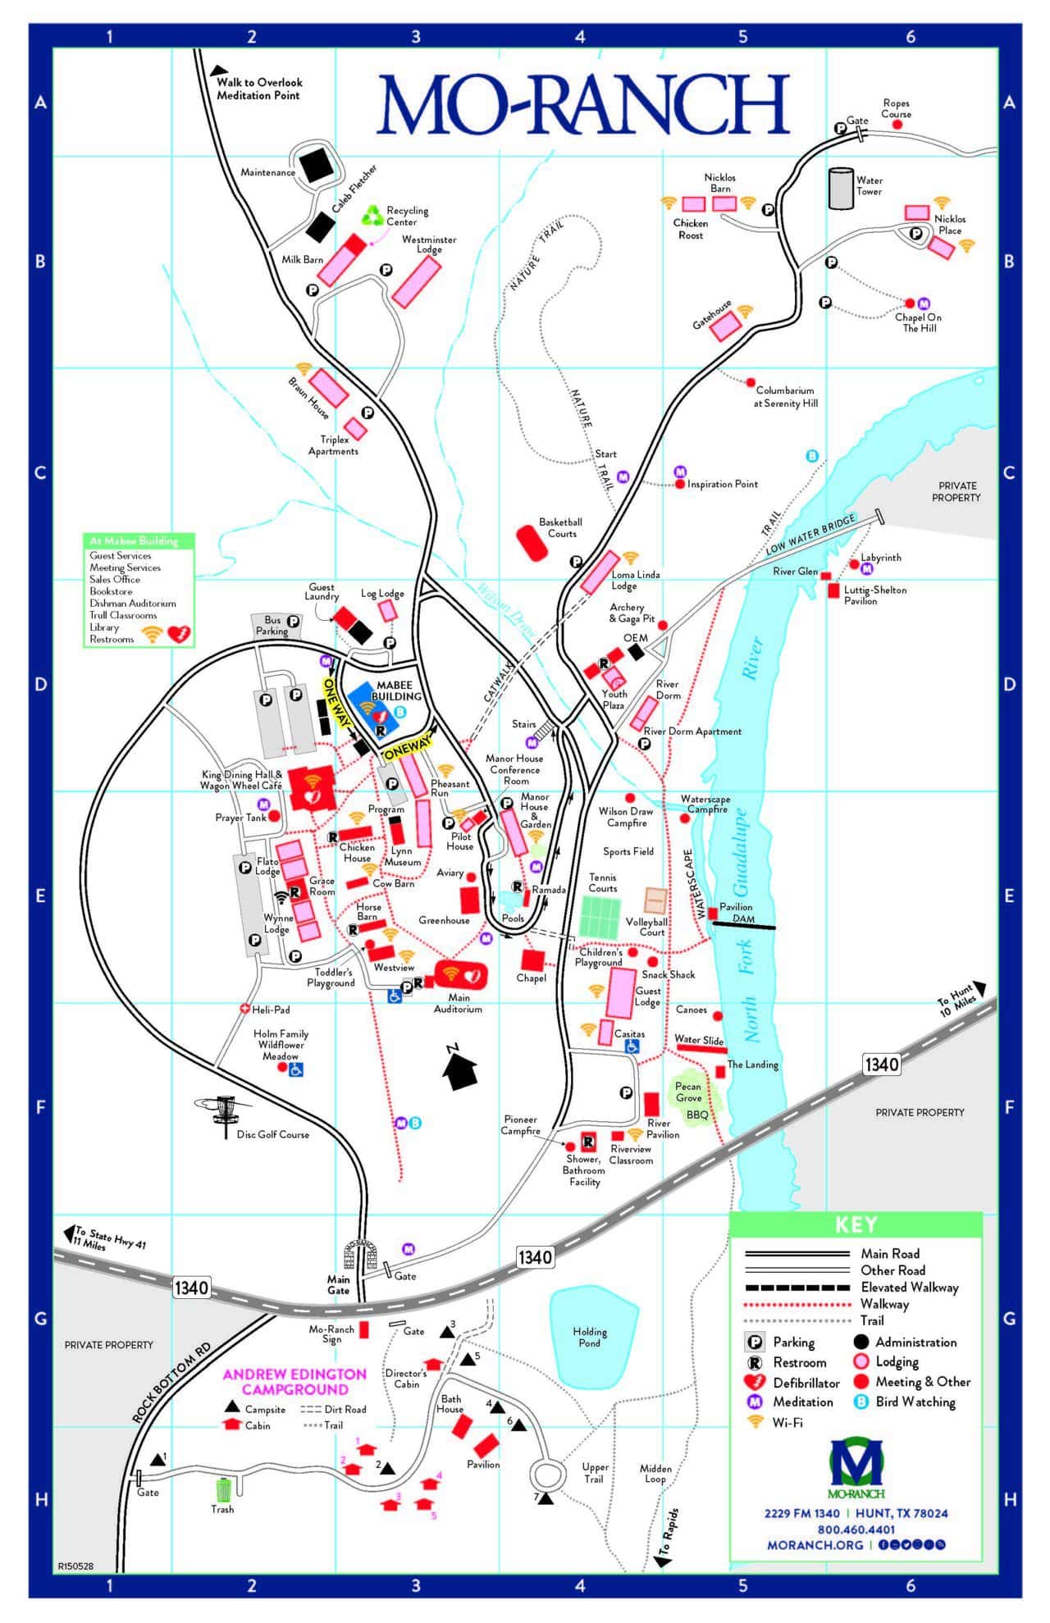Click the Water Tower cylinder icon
pyautogui.click(x=841, y=189)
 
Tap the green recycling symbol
pyautogui.click(x=374, y=217)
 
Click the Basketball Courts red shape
pyautogui.click(x=532, y=543)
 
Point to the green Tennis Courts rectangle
pyautogui.click(x=601, y=916)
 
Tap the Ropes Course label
pyautogui.click(x=896, y=108)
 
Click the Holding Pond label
pyautogui.click(x=589, y=1337)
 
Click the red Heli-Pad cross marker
pyautogui.click(x=244, y=1009)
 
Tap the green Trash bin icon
pyautogui.click(x=223, y=1489)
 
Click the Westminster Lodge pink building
pyautogui.click(x=417, y=281)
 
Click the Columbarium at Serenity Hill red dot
pyautogui.click(x=750, y=382)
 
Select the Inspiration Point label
pyautogui.click(x=722, y=484)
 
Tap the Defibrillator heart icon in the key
pyautogui.click(x=755, y=1383)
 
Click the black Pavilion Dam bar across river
pyautogui.click(x=744, y=925)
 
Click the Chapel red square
pyautogui.click(x=532, y=960)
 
